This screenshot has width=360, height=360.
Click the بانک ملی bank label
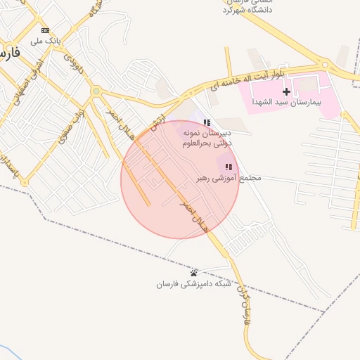(44, 41)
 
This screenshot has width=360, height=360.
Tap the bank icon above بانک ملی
(46, 30)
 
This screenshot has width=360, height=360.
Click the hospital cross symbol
(286, 92)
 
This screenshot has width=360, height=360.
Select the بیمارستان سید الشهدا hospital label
(285, 103)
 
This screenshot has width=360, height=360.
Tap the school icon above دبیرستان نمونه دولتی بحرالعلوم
(206, 122)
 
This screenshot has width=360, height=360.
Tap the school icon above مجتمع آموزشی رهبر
(229, 167)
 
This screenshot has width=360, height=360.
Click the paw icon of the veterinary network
(194, 273)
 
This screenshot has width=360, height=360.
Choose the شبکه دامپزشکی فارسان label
(194, 285)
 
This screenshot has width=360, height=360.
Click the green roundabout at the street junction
(96, 91)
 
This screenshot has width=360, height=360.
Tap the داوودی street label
(73, 63)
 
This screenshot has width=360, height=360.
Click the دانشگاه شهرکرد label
(247, 10)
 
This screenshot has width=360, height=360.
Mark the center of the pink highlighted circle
(180, 179)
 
